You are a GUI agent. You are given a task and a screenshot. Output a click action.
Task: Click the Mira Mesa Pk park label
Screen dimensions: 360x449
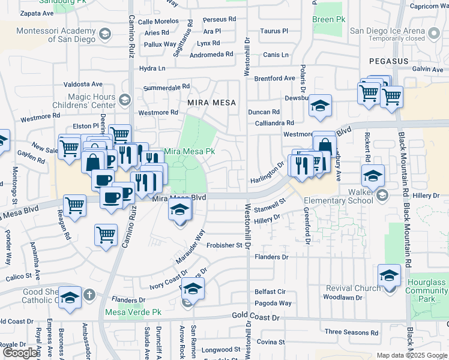(x=189, y=151)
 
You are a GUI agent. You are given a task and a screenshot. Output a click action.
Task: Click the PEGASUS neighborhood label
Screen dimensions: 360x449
(x=388, y=61)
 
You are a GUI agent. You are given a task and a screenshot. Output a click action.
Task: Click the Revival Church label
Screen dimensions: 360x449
(x=354, y=288)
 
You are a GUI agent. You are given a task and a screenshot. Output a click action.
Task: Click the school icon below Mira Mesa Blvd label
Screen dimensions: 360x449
(x=179, y=210)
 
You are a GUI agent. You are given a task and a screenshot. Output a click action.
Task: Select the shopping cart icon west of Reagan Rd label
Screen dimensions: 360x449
(x=75, y=206)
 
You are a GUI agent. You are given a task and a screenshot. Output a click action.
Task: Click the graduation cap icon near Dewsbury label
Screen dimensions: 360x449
(x=321, y=106)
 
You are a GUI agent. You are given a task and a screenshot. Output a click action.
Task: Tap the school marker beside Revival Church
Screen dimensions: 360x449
(x=389, y=276)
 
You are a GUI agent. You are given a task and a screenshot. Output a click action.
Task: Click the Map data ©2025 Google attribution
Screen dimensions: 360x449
(x=411, y=355)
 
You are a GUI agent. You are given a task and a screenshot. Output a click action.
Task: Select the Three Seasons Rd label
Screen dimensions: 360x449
(x=351, y=332)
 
